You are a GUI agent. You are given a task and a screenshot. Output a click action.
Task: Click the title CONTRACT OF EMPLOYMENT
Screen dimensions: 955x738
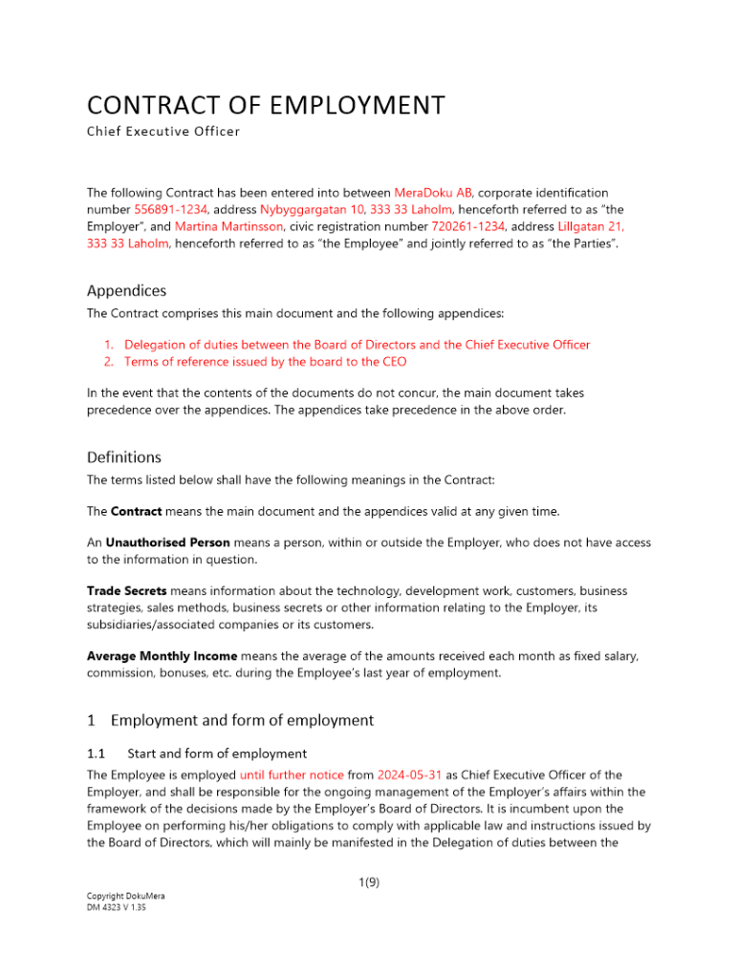click(x=265, y=104)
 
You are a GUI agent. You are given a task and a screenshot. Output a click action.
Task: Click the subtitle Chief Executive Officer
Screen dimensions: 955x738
click(x=163, y=131)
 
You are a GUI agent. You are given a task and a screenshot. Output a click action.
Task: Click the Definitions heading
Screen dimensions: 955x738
click(x=123, y=457)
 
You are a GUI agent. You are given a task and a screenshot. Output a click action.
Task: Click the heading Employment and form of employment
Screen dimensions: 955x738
click(x=242, y=719)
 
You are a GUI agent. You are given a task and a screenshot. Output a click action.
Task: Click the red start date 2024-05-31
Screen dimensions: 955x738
click(x=409, y=775)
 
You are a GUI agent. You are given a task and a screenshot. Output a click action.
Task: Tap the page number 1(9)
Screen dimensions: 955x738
click(x=368, y=883)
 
